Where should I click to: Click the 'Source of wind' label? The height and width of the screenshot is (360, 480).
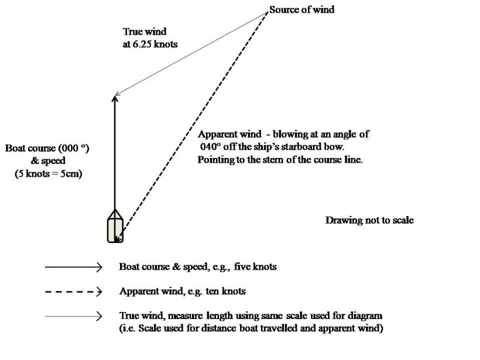302,10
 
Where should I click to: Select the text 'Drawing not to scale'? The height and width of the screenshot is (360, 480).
369,220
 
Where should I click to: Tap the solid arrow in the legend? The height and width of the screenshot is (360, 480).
74,267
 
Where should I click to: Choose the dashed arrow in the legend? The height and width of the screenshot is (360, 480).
74,291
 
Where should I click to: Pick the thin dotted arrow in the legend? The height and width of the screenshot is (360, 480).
74,316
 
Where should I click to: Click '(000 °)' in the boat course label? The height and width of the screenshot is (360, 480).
75,148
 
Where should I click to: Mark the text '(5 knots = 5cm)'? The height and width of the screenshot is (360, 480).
48,173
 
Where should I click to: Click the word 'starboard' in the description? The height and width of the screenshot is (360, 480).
304,147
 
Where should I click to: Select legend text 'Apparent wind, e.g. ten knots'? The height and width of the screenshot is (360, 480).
182,291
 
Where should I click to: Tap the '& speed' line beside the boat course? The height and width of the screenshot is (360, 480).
48,160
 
